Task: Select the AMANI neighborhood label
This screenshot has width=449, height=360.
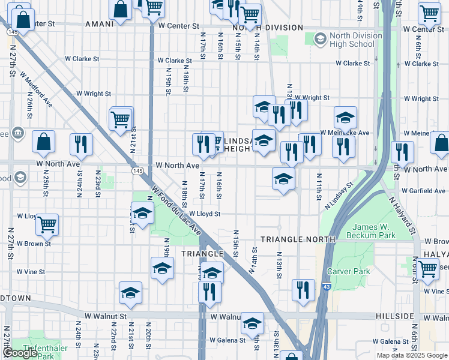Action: click(99, 25)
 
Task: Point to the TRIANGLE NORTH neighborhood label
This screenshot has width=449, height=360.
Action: click(298, 239)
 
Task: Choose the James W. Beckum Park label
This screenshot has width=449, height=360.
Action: click(374, 231)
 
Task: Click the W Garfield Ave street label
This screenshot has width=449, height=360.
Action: click(425, 191)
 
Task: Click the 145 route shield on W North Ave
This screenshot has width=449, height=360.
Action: click(137, 171)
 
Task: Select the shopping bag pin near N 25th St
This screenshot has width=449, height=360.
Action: click(44, 142)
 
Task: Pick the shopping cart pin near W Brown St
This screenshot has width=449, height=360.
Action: click(47, 225)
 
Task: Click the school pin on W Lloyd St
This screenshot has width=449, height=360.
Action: click(142, 214)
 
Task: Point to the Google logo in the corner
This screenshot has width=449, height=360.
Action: click(19, 353)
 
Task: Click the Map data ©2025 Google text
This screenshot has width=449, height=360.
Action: click(412, 355)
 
